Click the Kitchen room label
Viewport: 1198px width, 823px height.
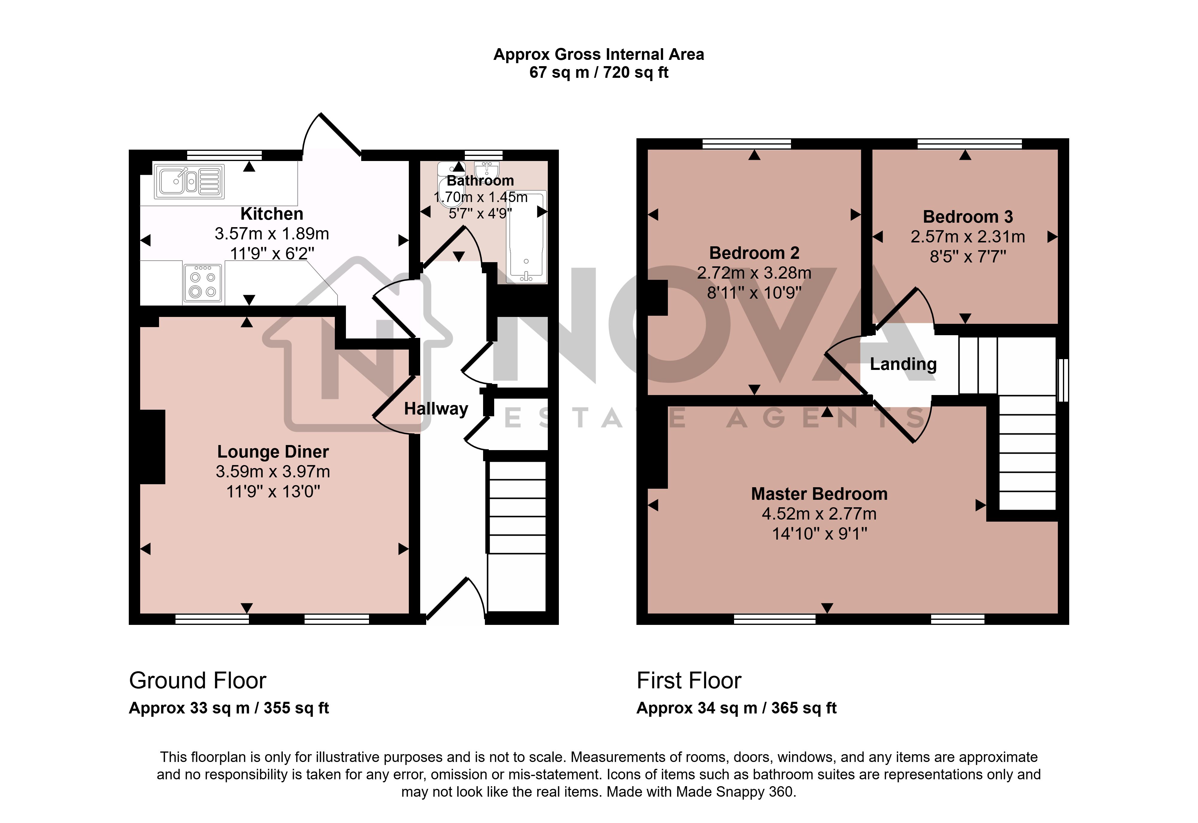[272, 213]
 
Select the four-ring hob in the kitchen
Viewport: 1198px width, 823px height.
[203, 283]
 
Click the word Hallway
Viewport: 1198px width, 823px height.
[436, 409]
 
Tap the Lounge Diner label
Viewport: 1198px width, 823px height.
[273, 451]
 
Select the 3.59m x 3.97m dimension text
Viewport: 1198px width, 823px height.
[273, 471]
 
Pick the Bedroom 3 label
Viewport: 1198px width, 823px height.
[968, 217]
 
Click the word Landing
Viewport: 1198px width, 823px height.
[903, 364]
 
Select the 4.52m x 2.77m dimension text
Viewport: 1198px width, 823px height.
[819, 514]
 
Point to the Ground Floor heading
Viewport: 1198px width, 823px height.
[198, 681]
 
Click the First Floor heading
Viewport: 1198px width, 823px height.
[689, 681]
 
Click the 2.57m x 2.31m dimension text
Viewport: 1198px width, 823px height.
[968, 237]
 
